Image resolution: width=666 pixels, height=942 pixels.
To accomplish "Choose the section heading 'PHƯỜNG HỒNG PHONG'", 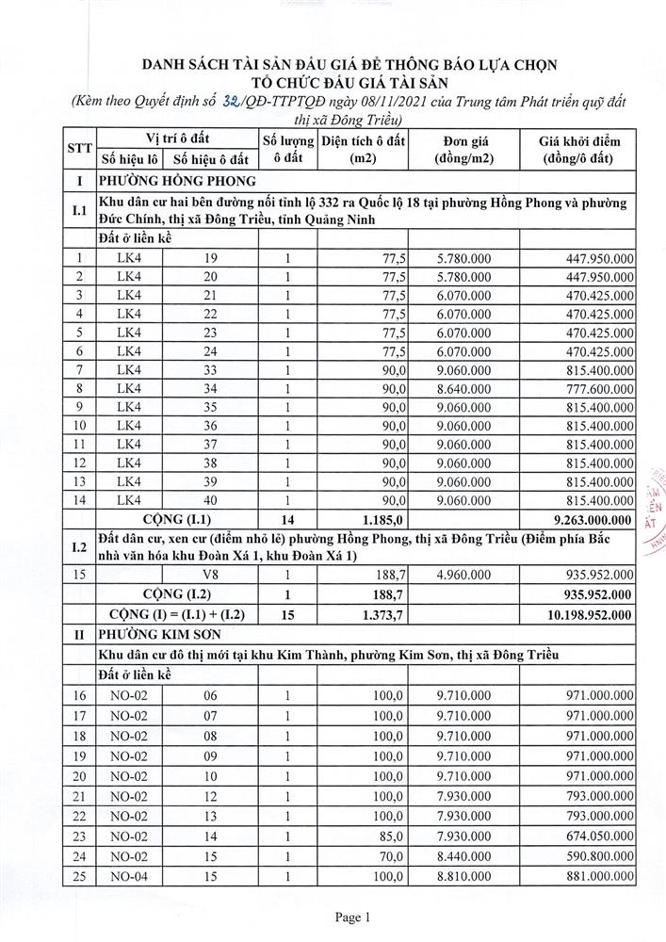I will [x=170, y=182].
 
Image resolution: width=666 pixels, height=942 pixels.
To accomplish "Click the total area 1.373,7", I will [x=382, y=614].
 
